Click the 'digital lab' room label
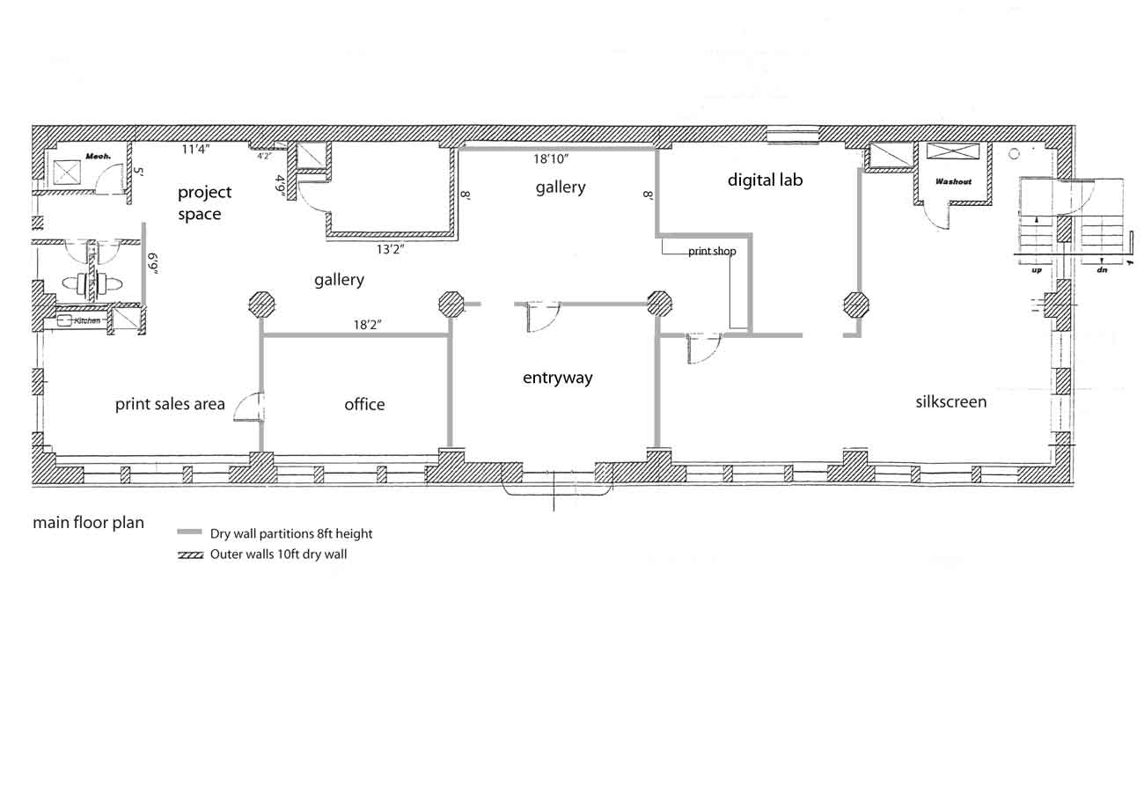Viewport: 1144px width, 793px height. (765, 180)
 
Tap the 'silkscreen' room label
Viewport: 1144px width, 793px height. (950, 401)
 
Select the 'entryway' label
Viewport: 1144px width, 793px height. (557, 378)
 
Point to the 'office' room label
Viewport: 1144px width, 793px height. (364, 404)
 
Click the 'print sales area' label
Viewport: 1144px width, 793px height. (170, 404)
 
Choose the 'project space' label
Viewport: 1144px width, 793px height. (204, 202)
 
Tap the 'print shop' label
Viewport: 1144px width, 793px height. (712, 251)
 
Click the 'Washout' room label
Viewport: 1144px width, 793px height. (953, 181)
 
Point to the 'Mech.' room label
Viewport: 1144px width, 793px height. (98, 157)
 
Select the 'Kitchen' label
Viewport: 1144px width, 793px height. (87, 321)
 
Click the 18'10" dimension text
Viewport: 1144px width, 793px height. (551, 159)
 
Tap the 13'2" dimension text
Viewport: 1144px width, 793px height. (390, 249)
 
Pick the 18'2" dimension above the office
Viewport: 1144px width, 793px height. (367, 325)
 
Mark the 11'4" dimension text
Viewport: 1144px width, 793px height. (195, 150)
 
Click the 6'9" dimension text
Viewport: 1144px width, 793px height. (153, 263)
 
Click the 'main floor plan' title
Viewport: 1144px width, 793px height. (88, 523)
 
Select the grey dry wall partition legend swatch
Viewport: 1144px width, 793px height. (189, 532)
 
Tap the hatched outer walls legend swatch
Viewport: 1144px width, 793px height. (190, 554)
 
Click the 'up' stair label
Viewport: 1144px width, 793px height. (1037, 270)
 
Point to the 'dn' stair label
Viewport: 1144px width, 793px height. (1102, 270)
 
